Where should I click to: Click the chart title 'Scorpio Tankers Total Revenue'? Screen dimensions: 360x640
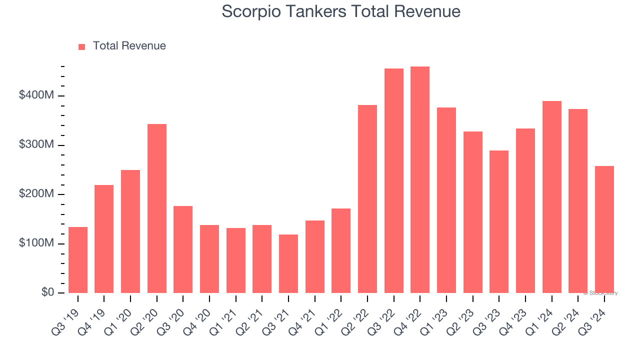[341, 11]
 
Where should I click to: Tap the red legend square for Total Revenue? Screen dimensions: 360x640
[82, 46]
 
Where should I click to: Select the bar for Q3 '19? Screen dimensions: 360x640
[78, 260]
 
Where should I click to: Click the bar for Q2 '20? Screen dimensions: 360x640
[157, 208]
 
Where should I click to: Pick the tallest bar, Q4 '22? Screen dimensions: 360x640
[420, 180]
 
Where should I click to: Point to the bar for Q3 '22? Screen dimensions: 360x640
[394, 181]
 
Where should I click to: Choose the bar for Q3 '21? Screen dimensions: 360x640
[288, 263]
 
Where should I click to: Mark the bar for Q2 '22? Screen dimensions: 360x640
[367, 199]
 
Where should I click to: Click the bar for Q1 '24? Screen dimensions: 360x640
[551, 197]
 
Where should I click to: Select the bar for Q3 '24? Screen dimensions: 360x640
[604, 229]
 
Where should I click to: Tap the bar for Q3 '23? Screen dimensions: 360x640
[499, 221]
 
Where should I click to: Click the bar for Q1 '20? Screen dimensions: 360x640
[130, 231]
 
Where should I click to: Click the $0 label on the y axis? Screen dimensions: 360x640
[47, 292]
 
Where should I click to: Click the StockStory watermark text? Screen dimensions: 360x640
[600, 293]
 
